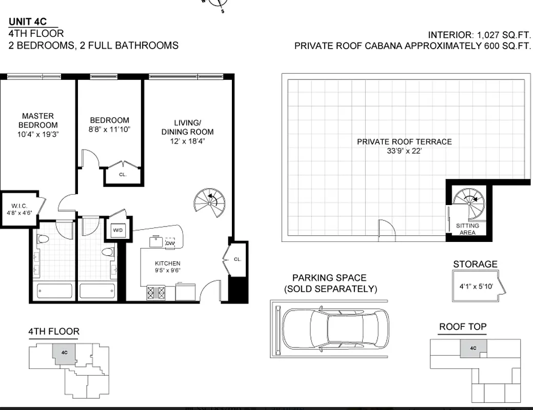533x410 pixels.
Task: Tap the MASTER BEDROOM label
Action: pyautogui.click(x=38, y=120)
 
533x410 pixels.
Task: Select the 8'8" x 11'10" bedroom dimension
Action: pyautogui.click(x=110, y=130)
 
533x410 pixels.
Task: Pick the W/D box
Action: pyautogui.click(x=118, y=231)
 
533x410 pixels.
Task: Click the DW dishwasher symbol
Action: pyautogui.click(x=170, y=243)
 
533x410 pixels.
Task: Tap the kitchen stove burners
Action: pyautogui.click(x=157, y=292)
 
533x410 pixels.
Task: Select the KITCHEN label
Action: pyautogui.click(x=168, y=263)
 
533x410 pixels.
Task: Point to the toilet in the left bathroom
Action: pyautogui.click(x=43, y=239)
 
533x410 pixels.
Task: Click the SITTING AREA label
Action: pyautogui.click(x=467, y=229)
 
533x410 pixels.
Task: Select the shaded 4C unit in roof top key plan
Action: pyautogui.click(x=473, y=348)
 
